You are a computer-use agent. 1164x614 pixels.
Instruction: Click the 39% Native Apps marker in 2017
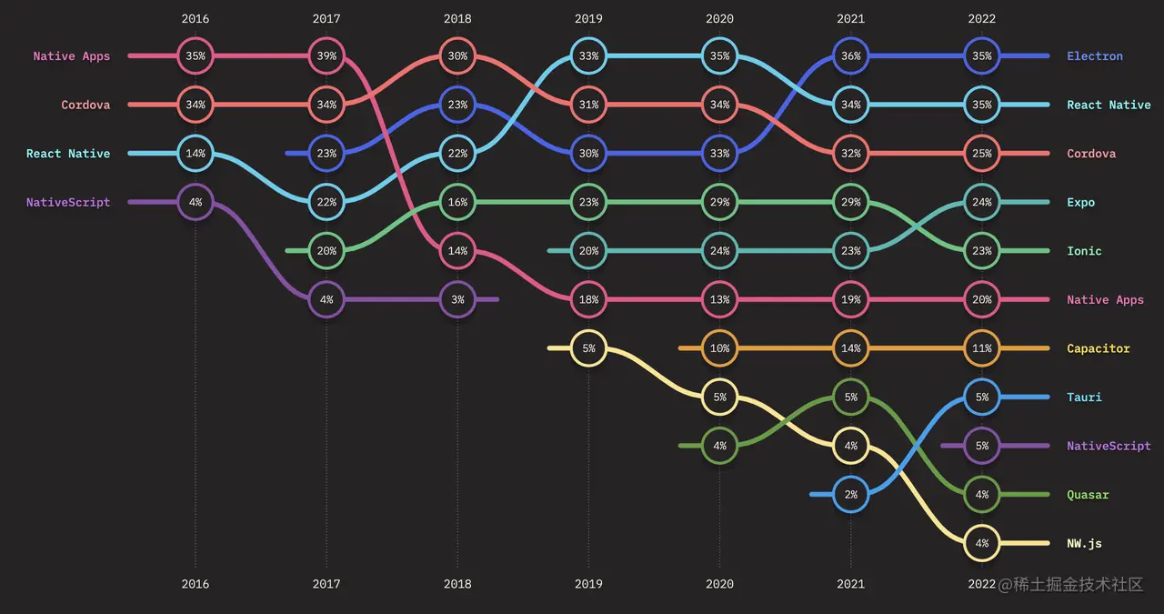[x=326, y=56]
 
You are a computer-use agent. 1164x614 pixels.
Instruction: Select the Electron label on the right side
[x=1095, y=56]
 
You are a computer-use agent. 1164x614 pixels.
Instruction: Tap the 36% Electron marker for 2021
[x=851, y=56]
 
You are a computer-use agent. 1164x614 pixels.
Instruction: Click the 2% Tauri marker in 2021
[x=851, y=495]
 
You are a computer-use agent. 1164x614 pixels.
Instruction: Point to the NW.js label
[x=1084, y=544]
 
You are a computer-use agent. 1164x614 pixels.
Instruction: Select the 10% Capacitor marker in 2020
[x=719, y=348]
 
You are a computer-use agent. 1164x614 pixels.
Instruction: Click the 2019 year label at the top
[x=588, y=18]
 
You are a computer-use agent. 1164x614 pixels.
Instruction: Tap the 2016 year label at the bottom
[x=195, y=584]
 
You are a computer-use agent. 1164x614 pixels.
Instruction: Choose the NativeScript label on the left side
[x=68, y=203]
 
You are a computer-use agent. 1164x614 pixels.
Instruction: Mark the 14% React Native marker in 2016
[x=196, y=154]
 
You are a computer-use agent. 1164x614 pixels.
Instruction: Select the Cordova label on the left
[x=85, y=106]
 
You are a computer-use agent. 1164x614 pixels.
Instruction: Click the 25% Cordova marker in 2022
[x=982, y=154]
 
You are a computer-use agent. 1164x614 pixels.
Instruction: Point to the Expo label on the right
[x=1080, y=203]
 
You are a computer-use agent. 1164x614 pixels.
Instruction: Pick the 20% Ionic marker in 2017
[x=326, y=251]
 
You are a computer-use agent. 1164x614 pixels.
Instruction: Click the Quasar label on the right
[x=1088, y=495]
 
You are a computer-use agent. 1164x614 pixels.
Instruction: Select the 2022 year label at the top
[x=981, y=18]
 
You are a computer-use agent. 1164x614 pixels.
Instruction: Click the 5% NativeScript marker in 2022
[x=982, y=446]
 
